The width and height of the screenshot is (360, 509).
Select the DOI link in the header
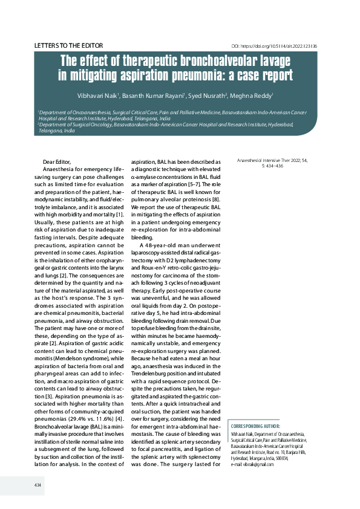(275, 47)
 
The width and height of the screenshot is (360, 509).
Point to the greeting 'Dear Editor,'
(57, 161)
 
